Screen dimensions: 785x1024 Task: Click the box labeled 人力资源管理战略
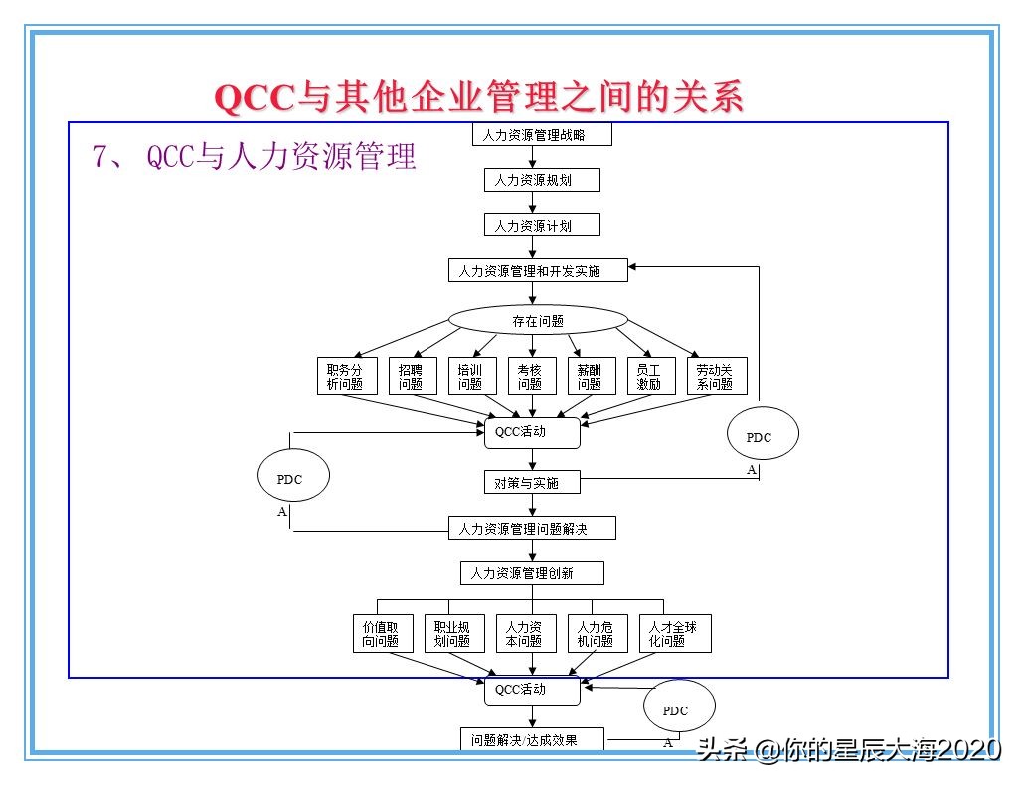[541, 134]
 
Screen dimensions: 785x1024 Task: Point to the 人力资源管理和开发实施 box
[538, 270]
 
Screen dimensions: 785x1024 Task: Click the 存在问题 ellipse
[538, 320]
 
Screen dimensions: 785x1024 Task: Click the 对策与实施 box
[532, 483]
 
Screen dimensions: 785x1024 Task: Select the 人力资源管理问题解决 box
[532, 528]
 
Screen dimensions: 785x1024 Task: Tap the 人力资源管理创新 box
[532, 573]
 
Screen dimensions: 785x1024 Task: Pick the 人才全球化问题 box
[673, 634]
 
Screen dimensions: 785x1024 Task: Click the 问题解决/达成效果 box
[532, 740]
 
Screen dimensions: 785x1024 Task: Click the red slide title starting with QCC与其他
[479, 97]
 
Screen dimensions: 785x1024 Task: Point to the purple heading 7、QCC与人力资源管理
[255, 157]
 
